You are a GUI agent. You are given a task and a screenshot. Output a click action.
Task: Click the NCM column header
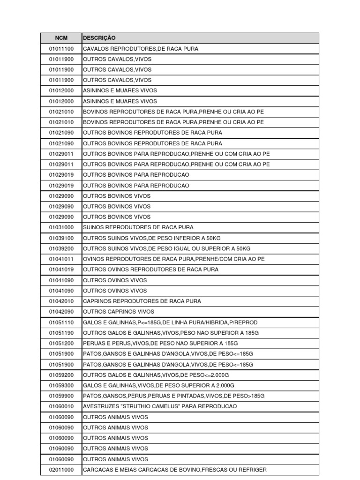point(61,38)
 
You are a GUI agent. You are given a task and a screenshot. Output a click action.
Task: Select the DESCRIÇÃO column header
point(99,38)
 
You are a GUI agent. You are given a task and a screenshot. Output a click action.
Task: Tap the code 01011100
point(61,49)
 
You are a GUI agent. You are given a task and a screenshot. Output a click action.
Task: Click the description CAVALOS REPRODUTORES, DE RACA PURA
point(140,49)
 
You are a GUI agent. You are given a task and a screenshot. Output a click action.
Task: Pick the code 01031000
point(61,227)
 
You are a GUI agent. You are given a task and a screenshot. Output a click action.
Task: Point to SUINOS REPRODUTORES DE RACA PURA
point(138,227)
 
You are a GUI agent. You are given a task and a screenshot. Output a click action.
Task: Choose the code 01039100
point(61,238)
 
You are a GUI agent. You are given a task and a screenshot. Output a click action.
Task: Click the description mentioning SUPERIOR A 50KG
point(166,248)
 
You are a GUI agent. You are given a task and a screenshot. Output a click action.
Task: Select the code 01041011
point(61,259)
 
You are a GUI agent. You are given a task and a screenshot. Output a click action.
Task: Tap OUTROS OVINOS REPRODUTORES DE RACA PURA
point(150,270)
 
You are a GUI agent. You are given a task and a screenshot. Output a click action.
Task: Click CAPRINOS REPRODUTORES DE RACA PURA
point(142,301)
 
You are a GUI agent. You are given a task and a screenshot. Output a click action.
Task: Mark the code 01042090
point(61,312)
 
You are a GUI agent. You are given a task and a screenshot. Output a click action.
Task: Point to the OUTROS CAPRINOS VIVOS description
point(118,312)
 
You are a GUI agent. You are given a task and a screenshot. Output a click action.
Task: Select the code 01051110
point(61,322)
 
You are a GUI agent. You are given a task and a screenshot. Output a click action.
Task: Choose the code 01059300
point(61,385)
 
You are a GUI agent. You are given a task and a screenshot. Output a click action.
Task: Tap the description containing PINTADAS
point(173,396)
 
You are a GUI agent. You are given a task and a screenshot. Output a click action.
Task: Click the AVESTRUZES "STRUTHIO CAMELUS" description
point(160,406)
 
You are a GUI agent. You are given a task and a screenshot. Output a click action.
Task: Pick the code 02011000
point(61,470)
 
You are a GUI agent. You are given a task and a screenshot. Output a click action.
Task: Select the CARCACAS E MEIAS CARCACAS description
point(174,470)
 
